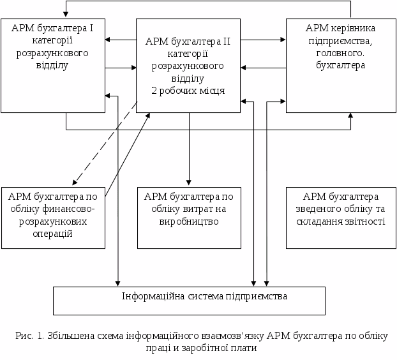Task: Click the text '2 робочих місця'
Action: [x=188, y=90]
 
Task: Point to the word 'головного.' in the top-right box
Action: [x=340, y=53]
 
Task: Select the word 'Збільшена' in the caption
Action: [x=68, y=336]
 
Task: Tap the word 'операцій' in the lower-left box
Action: [x=53, y=234]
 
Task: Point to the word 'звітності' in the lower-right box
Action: [x=364, y=221]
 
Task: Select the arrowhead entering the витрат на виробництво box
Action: [x=188, y=182]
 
